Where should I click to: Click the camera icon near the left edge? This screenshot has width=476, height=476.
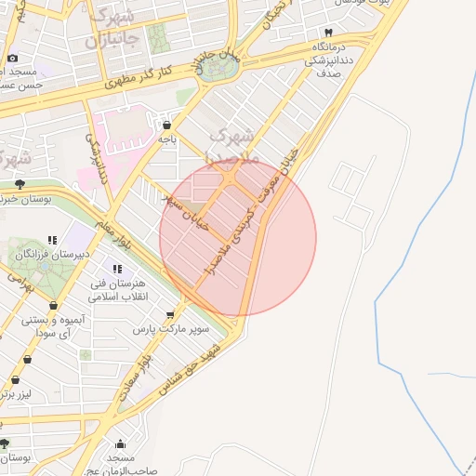13,58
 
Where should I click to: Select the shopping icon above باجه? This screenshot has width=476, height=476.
166,125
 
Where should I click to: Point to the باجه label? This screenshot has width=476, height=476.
166,139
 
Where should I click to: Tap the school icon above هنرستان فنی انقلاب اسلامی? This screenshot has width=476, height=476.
116,269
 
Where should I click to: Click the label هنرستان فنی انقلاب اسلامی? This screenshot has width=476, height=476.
115,290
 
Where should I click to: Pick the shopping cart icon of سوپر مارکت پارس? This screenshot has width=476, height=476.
170,315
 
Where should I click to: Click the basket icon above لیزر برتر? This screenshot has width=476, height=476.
16,379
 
